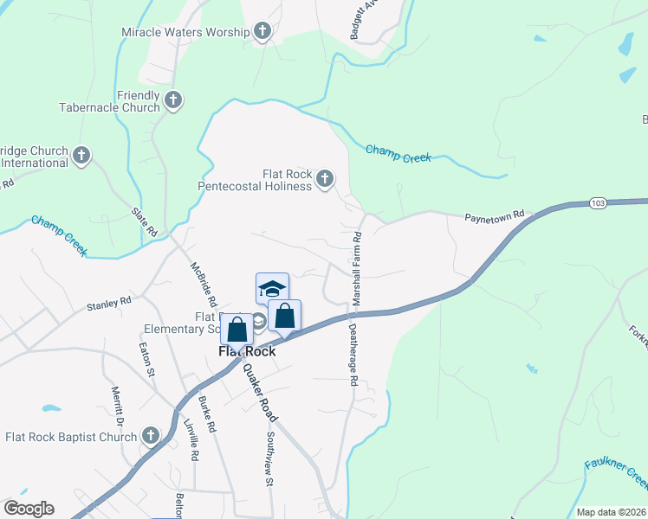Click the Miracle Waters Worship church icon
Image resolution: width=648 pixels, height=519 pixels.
click(x=262, y=33)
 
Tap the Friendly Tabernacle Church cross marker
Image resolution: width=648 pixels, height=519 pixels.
click(x=172, y=101)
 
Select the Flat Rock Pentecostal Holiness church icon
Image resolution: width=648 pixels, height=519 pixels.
click(x=324, y=180)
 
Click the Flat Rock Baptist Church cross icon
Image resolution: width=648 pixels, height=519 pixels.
click(x=151, y=437)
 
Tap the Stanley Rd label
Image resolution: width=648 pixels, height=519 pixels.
click(x=107, y=304)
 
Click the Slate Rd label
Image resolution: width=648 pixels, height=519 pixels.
click(x=143, y=222)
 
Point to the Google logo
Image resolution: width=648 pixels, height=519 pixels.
click(x=29, y=508)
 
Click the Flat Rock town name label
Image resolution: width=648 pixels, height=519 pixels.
click(x=247, y=351)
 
